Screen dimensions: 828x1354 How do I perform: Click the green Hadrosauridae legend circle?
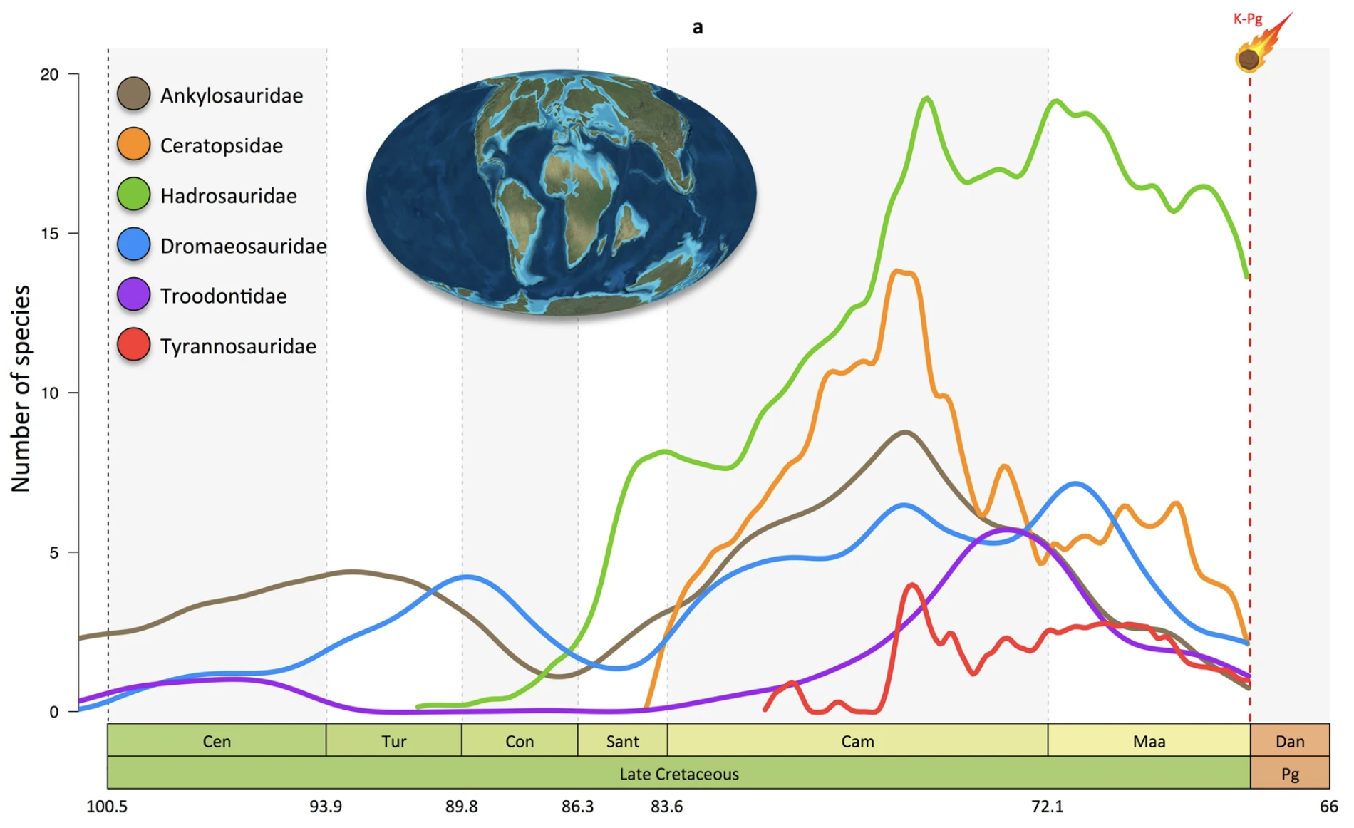pos(133,195)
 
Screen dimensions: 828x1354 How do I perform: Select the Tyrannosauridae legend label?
pos(237,346)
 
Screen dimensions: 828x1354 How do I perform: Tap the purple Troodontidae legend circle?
pos(133,294)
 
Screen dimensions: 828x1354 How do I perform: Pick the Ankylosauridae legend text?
pos(231,95)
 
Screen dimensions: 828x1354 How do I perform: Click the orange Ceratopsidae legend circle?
pos(133,144)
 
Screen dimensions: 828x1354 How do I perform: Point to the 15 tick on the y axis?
pos(49,234)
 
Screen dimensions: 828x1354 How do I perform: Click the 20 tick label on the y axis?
pos(49,74)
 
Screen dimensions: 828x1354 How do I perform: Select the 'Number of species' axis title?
pos(21,388)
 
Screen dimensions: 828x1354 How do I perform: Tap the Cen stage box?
pos(217,741)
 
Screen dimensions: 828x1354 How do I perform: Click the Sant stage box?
pos(622,741)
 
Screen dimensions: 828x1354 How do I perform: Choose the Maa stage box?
pos(1149,741)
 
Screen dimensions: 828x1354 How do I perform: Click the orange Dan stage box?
pos(1290,741)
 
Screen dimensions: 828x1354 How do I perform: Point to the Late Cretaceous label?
pos(678,774)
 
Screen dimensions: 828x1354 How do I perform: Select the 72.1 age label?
pos(1047,807)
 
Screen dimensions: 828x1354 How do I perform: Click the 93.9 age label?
pos(325,807)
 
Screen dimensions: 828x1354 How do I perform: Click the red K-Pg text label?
pos(1247,19)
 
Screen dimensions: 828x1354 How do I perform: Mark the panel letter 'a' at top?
pos(698,27)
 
